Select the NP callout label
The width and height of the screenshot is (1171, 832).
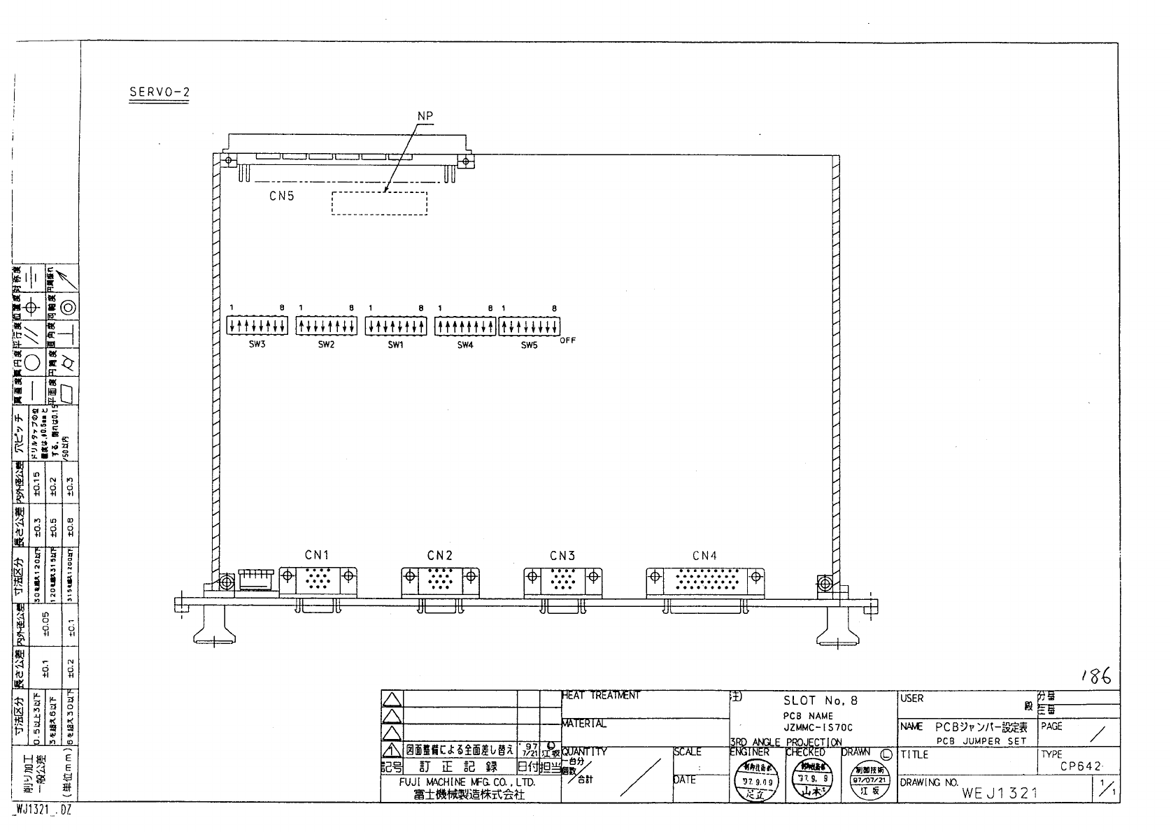425,116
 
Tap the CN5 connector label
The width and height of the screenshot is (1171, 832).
282,196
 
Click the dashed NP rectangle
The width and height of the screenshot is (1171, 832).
378,203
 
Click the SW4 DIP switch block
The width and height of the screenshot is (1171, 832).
464,325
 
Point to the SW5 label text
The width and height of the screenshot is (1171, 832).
529,345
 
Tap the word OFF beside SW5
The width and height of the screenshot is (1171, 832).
567,340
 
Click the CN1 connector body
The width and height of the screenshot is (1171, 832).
318,580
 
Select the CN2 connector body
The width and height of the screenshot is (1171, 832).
440,580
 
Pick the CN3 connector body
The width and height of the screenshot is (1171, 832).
562,580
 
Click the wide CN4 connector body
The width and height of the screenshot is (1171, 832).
705,580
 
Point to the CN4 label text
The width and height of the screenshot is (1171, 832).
705,557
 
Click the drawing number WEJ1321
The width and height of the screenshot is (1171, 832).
1000,793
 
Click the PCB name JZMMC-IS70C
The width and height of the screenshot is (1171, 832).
814,728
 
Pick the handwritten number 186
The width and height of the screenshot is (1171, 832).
1094,675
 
